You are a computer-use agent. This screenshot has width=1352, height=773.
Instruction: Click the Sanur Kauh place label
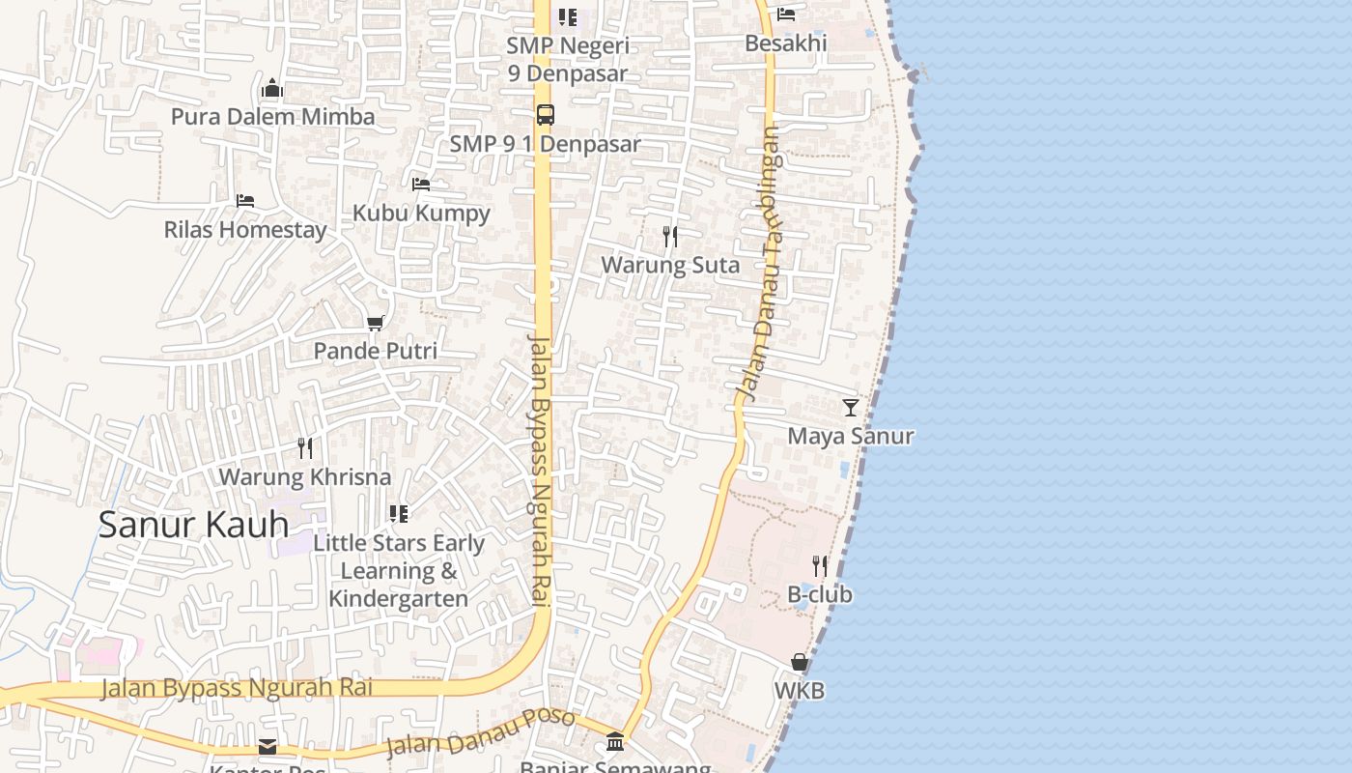coord(193,525)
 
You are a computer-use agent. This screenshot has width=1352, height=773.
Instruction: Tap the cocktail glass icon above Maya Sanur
coord(850,407)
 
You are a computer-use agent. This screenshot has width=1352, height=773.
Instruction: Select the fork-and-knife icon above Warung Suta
coord(670,236)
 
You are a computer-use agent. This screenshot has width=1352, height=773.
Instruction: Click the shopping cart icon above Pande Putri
coord(375,323)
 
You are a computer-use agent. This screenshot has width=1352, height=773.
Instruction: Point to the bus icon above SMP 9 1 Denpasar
coord(546,114)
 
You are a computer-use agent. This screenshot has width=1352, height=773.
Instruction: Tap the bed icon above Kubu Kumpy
coord(421,184)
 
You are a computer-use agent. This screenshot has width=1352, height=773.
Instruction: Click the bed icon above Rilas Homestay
coord(245,200)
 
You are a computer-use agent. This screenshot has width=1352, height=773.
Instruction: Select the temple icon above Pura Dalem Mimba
coord(272,89)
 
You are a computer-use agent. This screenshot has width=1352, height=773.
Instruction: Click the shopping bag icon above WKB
coord(800,662)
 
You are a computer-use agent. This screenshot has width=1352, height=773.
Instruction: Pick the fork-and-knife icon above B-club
coord(820,565)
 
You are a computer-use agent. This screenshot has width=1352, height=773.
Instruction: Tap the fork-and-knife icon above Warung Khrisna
coord(305,447)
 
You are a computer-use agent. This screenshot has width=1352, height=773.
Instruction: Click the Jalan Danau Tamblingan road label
coord(761,263)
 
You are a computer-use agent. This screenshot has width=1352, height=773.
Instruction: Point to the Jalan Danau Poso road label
coord(480,732)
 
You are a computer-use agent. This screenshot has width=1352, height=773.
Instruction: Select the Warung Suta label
coord(670,265)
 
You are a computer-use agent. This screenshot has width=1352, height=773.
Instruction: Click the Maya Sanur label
coord(850,436)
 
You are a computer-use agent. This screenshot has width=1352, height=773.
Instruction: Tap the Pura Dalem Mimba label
coord(272,117)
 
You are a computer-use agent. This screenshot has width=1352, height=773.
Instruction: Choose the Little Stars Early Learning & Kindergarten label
coord(398,571)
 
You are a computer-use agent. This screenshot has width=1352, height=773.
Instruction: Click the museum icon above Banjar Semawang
coord(615,741)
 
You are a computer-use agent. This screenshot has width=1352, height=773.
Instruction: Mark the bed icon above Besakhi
coord(786,14)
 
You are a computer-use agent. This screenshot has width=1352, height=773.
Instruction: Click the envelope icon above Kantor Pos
coord(268,747)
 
